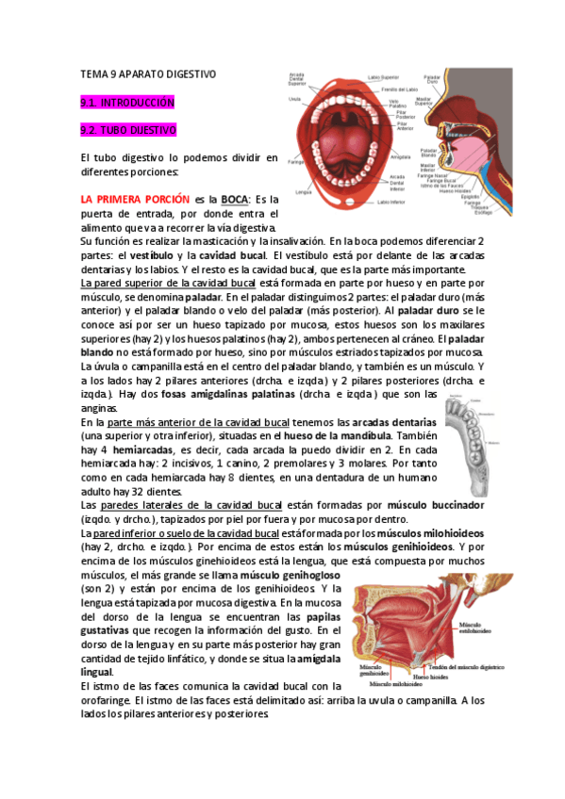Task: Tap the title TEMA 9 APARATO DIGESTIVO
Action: [149, 73]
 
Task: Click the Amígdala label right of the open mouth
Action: [400, 157]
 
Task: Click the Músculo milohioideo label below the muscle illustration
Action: [401, 685]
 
